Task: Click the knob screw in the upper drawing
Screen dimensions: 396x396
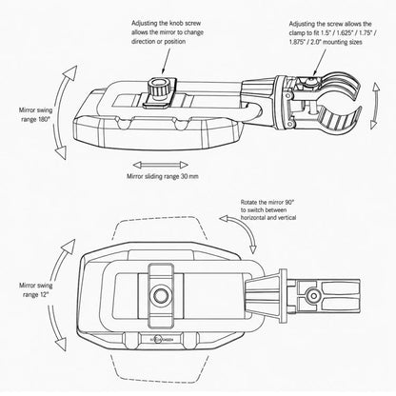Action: (160, 89)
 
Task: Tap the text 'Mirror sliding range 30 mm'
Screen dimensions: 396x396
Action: (163, 176)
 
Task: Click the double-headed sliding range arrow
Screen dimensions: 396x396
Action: (161, 165)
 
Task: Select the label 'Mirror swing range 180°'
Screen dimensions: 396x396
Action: (35, 114)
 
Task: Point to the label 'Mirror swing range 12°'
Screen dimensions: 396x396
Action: (35, 289)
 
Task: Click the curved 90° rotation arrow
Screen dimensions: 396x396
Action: (247, 228)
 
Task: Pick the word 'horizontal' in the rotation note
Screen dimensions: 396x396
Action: (254, 218)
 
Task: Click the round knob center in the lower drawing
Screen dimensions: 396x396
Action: (161, 295)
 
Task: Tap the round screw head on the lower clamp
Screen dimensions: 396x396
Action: (314, 296)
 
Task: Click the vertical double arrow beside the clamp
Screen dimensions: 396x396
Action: (375, 106)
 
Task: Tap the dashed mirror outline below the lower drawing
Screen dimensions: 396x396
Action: (160, 375)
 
